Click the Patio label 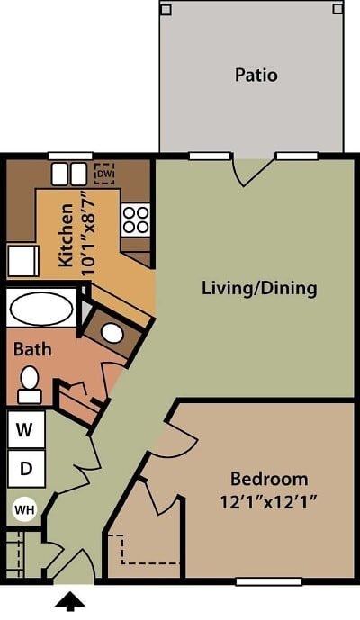[256, 75]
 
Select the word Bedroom [269, 479]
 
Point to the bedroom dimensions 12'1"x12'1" [269, 500]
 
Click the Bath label [31, 348]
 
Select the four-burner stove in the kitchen [136, 220]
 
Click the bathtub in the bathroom [42, 309]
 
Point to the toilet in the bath [30, 383]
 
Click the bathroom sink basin [112, 332]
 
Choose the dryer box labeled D [27, 468]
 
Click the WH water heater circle [24, 510]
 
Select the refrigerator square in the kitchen [22, 262]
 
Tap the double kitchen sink [69, 174]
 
